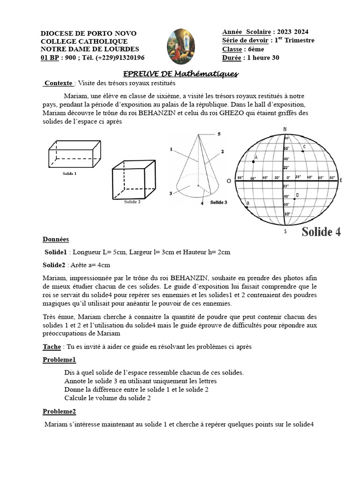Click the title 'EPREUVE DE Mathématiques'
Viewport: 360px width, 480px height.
180,74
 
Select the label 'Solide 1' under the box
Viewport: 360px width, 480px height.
69,173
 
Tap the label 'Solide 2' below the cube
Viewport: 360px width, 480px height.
132,202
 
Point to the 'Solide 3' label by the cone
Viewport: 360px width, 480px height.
218,202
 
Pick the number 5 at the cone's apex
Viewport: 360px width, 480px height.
218,134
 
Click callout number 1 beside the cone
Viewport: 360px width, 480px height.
172,150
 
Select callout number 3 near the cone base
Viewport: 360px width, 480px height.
171,193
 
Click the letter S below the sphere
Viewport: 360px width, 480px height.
285,231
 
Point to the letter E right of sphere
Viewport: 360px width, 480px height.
341,180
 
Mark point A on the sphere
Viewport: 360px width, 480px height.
254,161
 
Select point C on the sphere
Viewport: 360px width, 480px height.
303,151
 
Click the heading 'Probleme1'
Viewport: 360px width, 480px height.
59,360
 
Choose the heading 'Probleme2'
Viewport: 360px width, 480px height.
59,411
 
